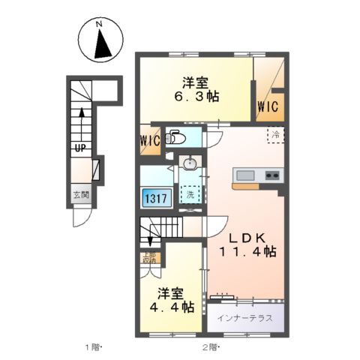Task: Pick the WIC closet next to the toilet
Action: tap(149, 140)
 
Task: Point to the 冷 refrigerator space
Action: tap(275, 137)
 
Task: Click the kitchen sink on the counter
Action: tap(245, 176)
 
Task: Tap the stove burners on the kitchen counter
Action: tap(271, 176)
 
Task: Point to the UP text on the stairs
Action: tap(78, 147)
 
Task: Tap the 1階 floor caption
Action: tap(91, 347)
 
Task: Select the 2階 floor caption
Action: tap(209, 347)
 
